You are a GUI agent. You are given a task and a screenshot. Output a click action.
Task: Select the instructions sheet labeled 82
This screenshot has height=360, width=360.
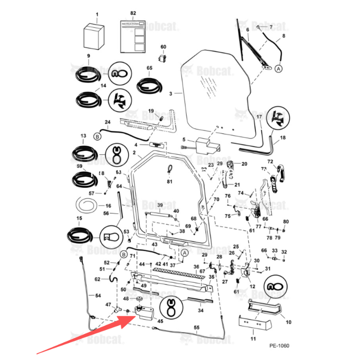tap(134, 37)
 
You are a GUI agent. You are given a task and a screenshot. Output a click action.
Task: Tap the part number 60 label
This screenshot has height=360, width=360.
tap(163, 47)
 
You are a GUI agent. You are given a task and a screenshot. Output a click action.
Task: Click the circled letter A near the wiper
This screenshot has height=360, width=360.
tap(278, 69)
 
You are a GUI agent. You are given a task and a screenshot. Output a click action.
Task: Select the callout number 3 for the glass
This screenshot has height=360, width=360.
tap(171, 94)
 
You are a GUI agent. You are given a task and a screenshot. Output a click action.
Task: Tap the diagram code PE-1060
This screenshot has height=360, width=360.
tap(279, 346)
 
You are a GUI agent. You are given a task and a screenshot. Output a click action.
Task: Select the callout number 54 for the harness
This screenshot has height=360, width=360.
tap(98, 295)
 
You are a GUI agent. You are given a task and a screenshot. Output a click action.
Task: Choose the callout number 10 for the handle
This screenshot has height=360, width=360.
tap(288, 322)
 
